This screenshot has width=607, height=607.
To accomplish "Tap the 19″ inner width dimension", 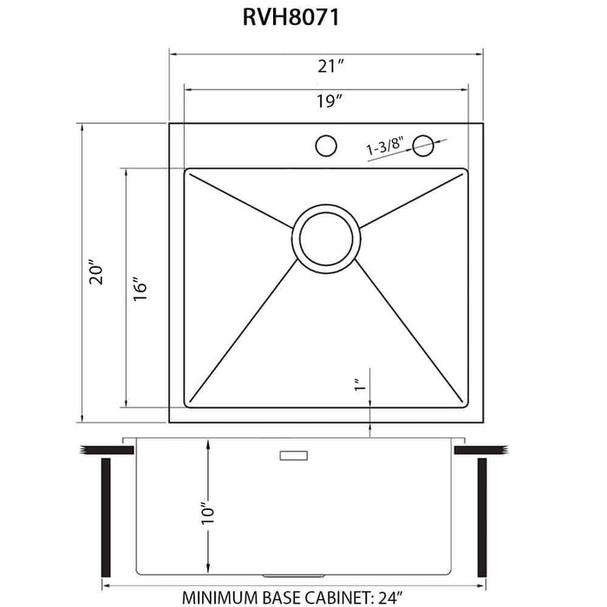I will click(x=326, y=101).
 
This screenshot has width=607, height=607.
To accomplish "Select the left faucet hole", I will click(x=326, y=144).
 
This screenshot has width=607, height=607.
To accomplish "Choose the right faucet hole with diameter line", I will click(x=425, y=144).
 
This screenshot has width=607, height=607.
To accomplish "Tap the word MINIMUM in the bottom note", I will click(x=222, y=597).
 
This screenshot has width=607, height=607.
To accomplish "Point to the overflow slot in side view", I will click(x=292, y=454).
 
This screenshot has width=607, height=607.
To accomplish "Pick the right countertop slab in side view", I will click(x=486, y=449).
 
